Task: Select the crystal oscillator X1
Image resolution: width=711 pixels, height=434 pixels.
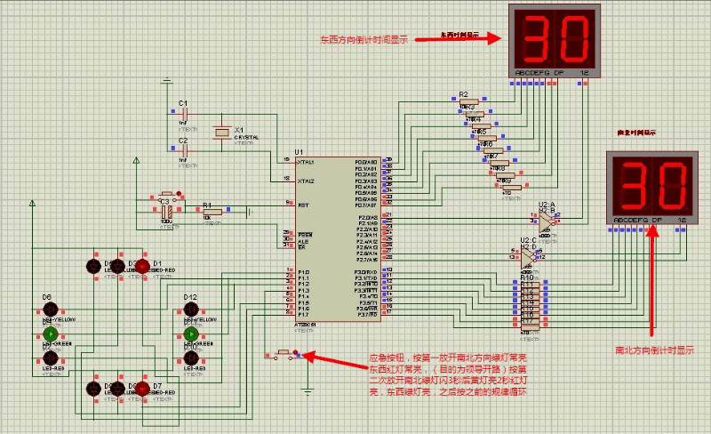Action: tap(222, 133)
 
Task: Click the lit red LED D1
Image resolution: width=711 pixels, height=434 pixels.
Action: tap(140, 266)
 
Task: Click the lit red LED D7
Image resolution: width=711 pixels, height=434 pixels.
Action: tap(140, 389)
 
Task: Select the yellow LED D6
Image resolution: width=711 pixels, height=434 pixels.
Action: tap(51, 309)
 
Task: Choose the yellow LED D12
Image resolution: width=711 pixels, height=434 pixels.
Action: tap(190, 309)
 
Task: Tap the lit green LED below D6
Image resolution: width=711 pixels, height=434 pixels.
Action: tap(51, 334)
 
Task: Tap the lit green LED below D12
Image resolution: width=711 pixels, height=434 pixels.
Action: tap(190, 334)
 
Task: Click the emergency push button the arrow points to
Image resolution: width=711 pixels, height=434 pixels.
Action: tap(285, 354)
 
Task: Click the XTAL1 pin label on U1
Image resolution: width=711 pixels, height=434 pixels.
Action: tap(306, 161)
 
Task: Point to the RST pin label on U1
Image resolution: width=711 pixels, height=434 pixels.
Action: tap(303, 205)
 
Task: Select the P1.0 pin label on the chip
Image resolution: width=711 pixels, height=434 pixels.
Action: tap(303, 271)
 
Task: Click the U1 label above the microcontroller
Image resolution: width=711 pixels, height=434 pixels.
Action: tap(299, 152)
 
